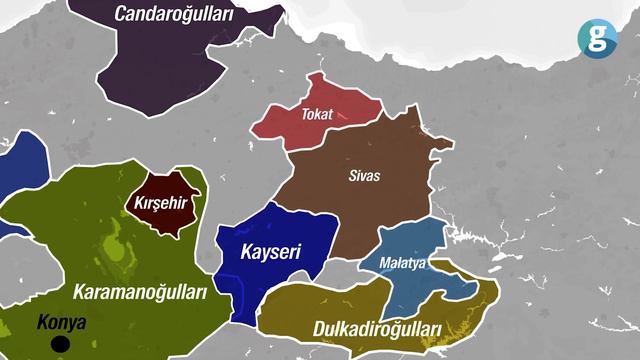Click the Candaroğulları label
[x=174, y=14]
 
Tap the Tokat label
[x=317, y=115]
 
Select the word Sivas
[x=363, y=175]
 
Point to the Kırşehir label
[x=162, y=205]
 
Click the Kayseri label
[x=271, y=250]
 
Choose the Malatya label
[x=403, y=263]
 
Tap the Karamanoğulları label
[x=139, y=292]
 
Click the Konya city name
[x=61, y=324]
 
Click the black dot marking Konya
[x=61, y=345]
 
